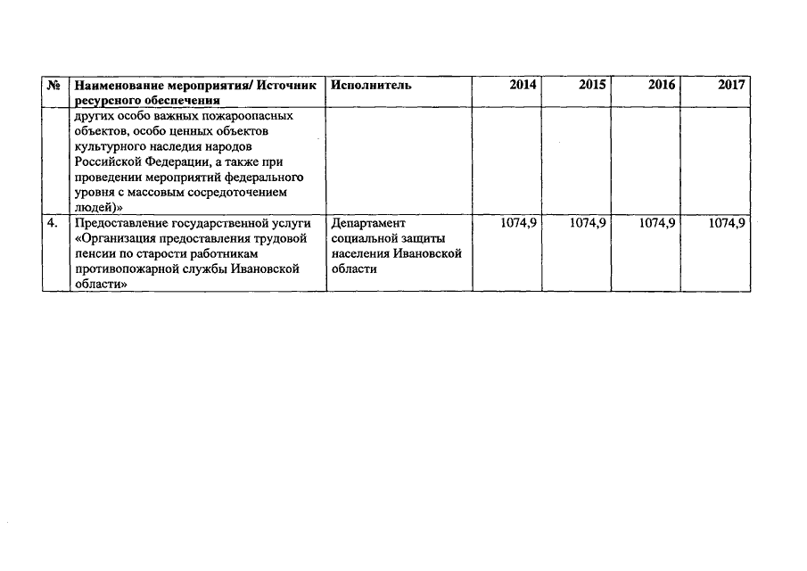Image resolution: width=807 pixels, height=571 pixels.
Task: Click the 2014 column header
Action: point(523,85)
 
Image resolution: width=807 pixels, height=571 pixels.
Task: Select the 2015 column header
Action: point(591,85)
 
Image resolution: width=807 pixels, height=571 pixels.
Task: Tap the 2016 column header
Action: point(662,85)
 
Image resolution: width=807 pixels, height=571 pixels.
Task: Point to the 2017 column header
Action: point(730,85)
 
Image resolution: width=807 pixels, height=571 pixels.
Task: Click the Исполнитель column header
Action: point(370,85)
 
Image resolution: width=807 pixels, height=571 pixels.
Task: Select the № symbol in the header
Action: point(55,86)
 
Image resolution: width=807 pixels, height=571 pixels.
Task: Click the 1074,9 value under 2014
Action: point(518,224)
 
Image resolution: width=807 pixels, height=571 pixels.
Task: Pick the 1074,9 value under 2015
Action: point(588,224)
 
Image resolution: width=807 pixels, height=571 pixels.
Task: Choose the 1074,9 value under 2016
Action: point(658,224)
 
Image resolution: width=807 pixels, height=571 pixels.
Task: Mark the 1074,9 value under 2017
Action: point(727,224)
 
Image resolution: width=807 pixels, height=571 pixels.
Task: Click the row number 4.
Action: point(54,224)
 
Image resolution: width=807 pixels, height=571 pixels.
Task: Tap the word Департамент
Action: point(367,224)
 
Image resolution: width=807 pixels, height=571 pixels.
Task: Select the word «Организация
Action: point(118,239)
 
